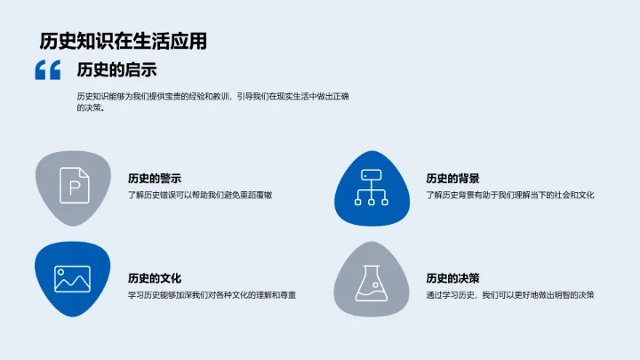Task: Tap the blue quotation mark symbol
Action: tap(47, 70)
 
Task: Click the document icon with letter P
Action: tap(72, 188)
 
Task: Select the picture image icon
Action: tap(72, 279)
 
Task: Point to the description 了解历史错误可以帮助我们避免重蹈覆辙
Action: tap(199, 195)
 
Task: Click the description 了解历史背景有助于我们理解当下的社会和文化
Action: tap(508, 195)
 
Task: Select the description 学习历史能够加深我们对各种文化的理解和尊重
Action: tap(211, 295)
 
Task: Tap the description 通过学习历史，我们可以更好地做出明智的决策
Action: tap(509, 295)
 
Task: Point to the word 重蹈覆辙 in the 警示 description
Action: tap(253, 195)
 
